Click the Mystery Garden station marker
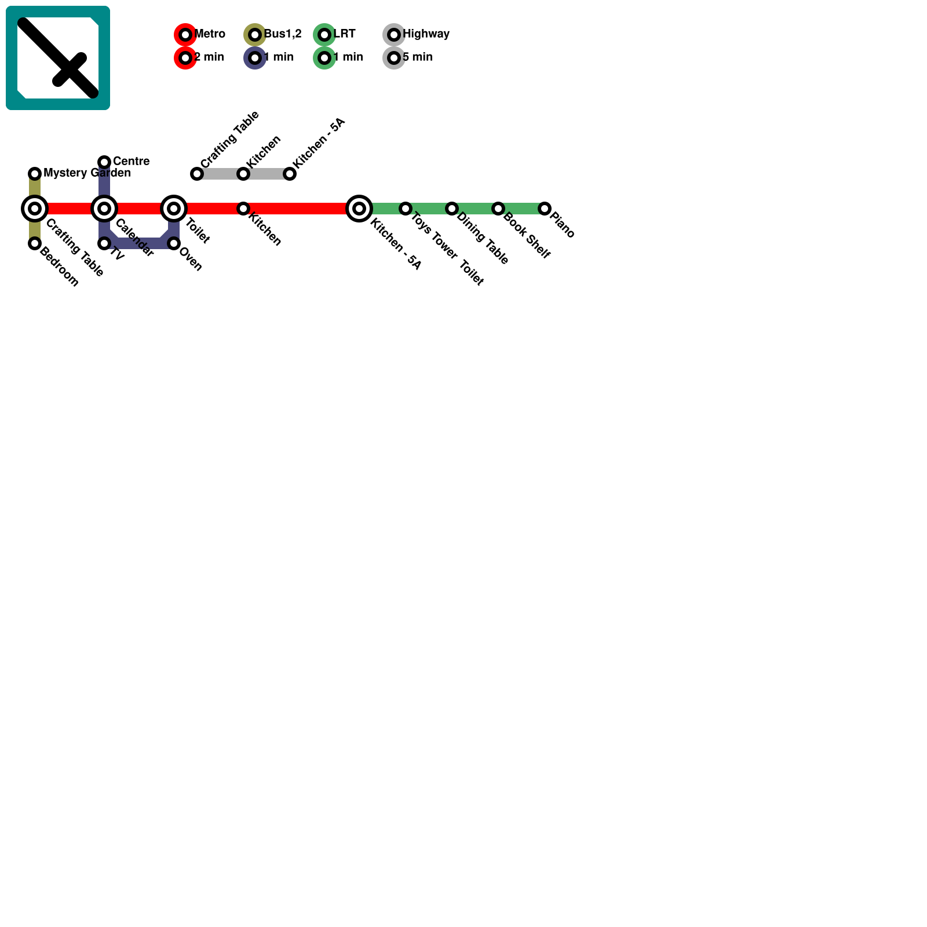pos(35,173)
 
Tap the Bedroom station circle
pos(35,243)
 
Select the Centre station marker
pos(104,162)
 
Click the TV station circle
pos(104,243)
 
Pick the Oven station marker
pos(174,243)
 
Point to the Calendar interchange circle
pos(104,209)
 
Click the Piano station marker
pos(544,209)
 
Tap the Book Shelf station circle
pos(498,209)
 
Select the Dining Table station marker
pos(452,209)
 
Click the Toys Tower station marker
pos(406,209)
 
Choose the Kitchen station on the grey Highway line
pos(243,174)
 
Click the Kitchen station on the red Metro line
pos(243,209)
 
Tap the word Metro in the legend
pos(210,34)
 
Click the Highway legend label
pos(426,34)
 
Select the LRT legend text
pos(344,34)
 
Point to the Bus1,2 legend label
pos(283,34)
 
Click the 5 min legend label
pos(417,57)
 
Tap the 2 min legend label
pos(209,57)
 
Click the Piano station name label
pos(562,225)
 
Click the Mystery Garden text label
pos(87,173)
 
